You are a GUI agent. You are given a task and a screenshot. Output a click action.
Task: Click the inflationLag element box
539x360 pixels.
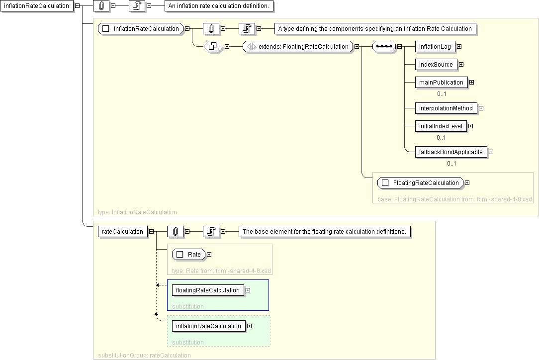(x=435, y=47)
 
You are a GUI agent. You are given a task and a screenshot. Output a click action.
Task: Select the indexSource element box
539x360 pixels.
(x=436, y=65)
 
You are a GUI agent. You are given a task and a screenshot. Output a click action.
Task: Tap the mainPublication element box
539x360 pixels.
(x=441, y=83)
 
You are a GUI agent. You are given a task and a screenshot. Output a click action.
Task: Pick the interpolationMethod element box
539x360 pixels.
(x=446, y=108)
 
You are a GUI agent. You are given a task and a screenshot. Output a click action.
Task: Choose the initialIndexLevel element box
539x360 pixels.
(x=441, y=126)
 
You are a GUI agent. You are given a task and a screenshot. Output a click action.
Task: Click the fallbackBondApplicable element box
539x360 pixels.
(x=450, y=152)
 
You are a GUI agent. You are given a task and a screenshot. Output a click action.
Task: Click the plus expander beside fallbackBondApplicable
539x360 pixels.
(x=491, y=152)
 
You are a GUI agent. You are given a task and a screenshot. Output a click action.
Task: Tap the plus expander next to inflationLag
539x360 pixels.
(x=459, y=47)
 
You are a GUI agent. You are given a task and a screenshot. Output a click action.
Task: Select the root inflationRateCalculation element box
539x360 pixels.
(x=36, y=5)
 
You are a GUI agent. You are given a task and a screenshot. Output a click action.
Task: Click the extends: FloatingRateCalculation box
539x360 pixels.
(x=298, y=47)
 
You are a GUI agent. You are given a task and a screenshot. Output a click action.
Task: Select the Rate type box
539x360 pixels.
(x=188, y=255)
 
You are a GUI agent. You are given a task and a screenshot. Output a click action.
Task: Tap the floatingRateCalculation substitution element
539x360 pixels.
(x=207, y=290)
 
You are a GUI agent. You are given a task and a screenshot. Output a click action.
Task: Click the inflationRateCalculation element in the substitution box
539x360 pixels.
(x=208, y=326)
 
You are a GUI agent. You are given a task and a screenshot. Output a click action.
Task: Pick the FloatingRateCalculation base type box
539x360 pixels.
(x=420, y=183)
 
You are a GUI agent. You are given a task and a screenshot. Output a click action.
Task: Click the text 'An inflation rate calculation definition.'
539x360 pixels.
(x=219, y=5)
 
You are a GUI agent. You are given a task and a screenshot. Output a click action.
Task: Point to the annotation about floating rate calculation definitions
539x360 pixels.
(x=325, y=231)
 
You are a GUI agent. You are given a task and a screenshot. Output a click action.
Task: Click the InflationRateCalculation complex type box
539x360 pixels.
(x=141, y=29)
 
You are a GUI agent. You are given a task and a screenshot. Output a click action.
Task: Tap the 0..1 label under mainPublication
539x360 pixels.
(x=442, y=94)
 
